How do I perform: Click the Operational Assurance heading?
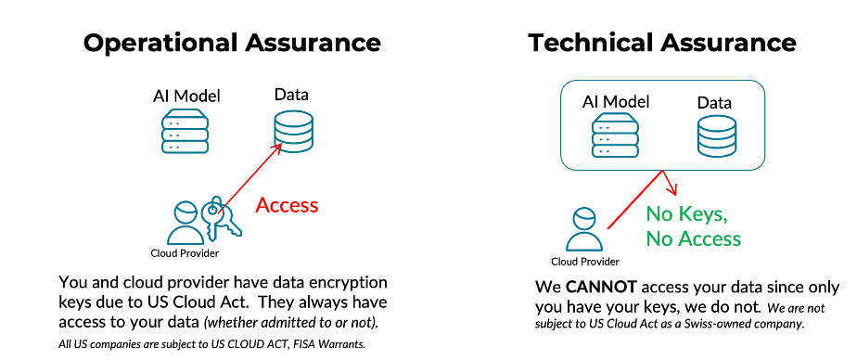coord(231,43)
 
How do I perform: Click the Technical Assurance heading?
coord(661,43)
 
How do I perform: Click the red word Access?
coord(287,206)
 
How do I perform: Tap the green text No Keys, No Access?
coord(693,226)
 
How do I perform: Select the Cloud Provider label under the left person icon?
coord(185,253)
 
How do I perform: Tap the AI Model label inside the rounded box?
coord(616,102)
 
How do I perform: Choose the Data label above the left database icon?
coord(290,95)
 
